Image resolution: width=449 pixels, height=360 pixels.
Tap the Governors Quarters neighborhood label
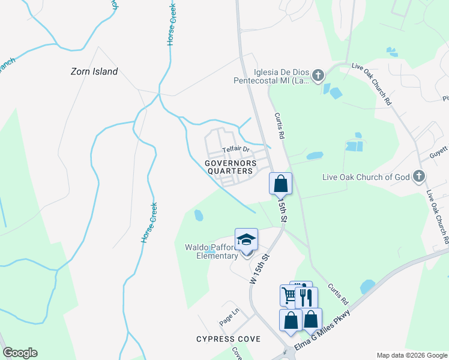(231, 167)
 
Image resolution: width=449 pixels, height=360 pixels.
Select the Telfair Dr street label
(235, 149)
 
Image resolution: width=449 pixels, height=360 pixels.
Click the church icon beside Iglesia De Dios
(318, 75)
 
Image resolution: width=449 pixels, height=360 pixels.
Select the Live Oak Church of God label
(373, 176)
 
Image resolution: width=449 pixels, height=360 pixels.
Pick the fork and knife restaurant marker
(306, 296)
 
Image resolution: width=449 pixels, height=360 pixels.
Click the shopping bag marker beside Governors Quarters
(280, 184)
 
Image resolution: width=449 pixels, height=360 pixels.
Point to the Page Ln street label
(229, 317)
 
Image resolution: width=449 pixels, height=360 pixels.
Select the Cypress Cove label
(228, 339)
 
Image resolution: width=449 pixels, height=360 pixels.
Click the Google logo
(20, 353)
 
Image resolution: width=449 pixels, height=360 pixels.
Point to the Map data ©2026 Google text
(411, 355)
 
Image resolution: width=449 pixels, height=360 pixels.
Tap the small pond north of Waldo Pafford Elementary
(199, 214)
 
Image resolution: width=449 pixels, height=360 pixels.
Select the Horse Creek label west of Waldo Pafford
(149, 223)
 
